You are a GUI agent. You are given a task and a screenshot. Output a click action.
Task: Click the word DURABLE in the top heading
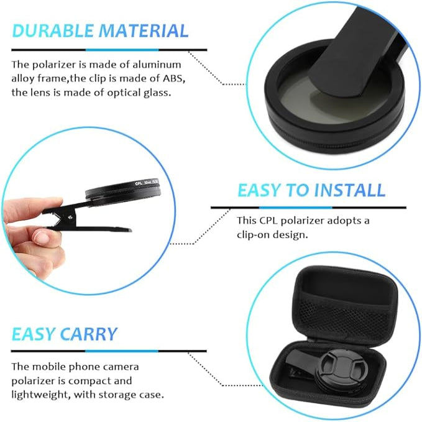[52, 30]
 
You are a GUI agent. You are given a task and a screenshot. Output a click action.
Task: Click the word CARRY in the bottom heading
[89, 334]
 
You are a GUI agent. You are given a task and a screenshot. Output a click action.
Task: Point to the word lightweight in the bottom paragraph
[39, 394]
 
